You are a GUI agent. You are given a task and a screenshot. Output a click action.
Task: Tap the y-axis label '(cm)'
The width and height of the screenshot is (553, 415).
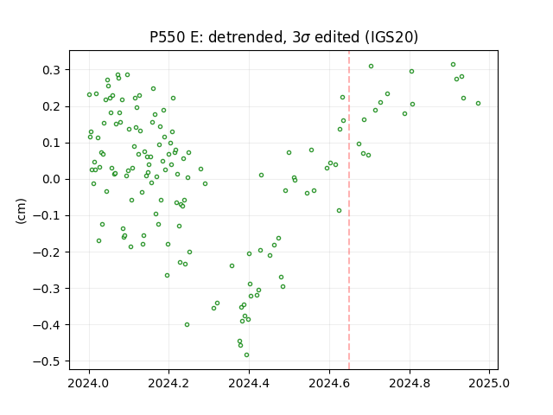click(x=21, y=211)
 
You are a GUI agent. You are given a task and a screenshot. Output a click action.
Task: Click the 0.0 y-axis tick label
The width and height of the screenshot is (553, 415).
click(x=52, y=179)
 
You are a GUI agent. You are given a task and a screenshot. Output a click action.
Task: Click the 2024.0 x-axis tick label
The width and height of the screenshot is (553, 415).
click(x=89, y=383)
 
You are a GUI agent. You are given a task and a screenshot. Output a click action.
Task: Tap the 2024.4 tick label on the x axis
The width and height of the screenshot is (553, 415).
click(x=249, y=383)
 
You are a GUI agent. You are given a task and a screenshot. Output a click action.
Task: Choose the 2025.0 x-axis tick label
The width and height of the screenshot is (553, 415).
click(x=489, y=383)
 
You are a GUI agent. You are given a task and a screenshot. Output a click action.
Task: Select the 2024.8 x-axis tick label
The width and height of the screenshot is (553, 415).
click(x=410, y=383)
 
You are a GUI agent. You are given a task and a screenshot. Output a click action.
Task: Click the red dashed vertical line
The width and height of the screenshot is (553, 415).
click(x=349, y=210)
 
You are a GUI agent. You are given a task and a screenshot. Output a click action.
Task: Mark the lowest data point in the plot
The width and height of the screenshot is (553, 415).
click(x=246, y=355)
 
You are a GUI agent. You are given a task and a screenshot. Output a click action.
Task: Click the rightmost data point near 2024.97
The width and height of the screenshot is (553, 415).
click(x=478, y=104)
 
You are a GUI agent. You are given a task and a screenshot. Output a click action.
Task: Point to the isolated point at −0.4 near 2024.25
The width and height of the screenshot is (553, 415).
click(x=187, y=325)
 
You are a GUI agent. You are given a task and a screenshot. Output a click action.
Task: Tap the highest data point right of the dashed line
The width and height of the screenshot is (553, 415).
click(x=453, y=65)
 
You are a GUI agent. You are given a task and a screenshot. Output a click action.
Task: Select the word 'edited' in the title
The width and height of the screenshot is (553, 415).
click(x=337, y=37)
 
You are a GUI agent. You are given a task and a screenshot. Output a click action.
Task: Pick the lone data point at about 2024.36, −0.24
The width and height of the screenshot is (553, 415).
click(x=232, y=265)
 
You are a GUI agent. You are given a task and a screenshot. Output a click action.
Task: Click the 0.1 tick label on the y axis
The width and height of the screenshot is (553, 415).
click(x=52, y=143)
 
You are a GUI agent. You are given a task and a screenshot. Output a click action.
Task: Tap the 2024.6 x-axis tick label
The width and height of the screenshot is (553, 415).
click(x=329, y=383)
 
